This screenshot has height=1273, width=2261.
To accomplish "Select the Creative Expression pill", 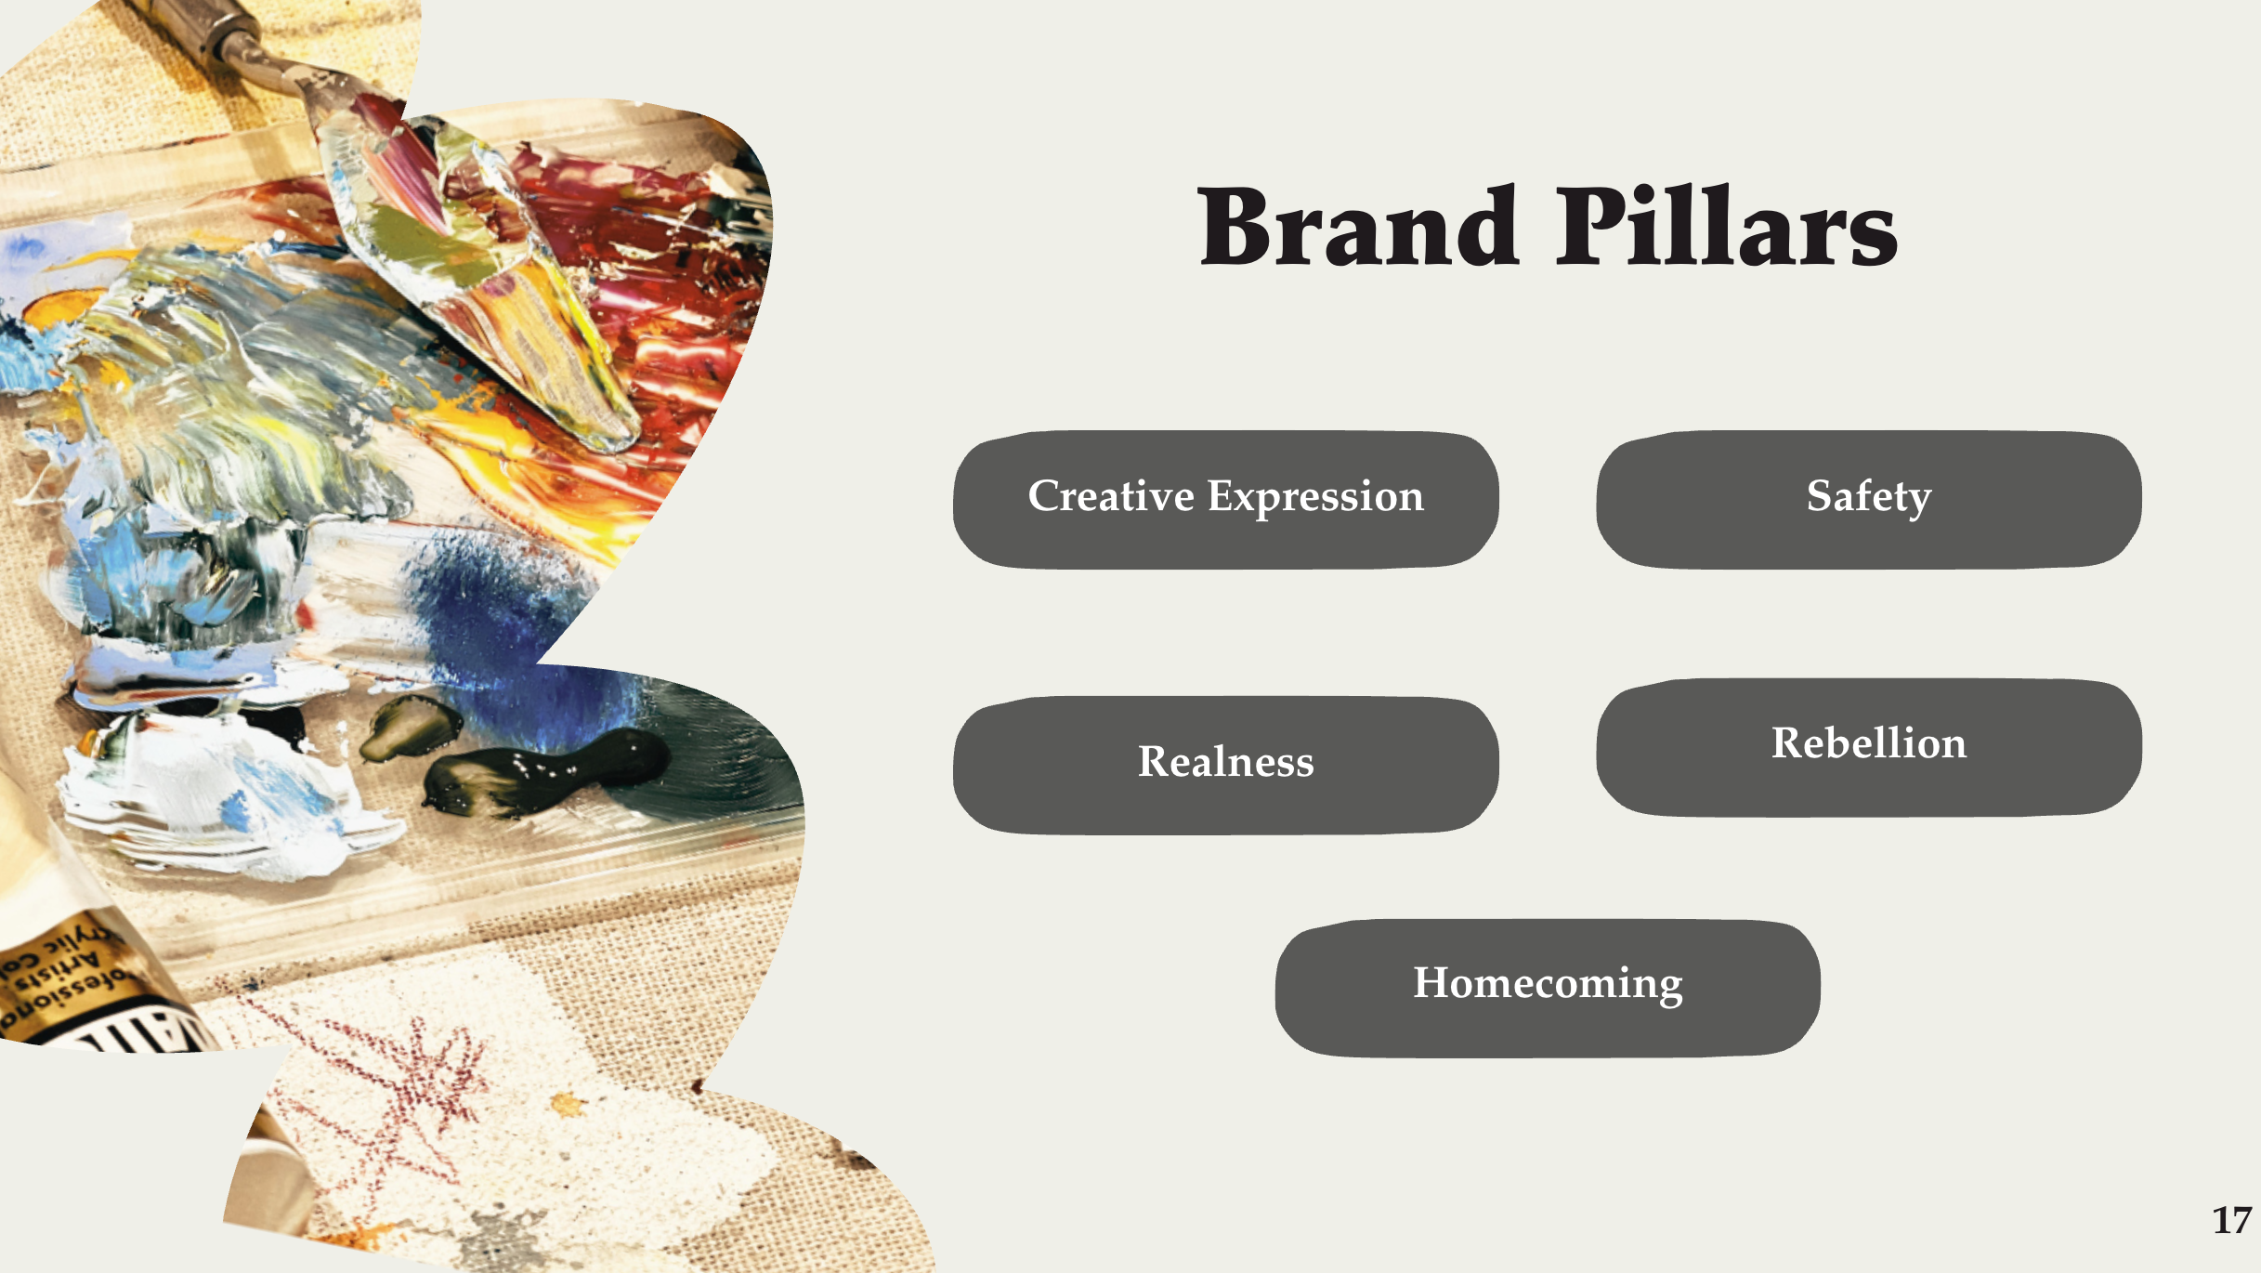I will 1225,499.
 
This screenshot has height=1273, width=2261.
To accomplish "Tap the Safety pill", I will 1868,499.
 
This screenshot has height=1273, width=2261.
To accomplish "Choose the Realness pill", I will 1225,764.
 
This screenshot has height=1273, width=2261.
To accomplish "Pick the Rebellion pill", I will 1868,746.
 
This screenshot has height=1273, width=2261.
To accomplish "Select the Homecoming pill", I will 1547,987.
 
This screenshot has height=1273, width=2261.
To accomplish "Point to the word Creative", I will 1111,496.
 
